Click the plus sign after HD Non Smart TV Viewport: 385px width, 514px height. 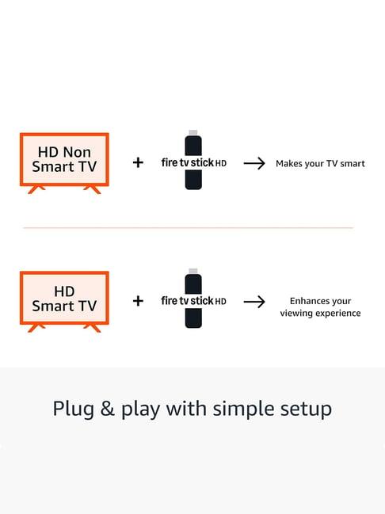[138, 162]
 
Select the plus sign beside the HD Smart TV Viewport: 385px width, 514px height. [138, 301]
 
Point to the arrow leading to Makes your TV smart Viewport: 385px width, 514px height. [254, 163]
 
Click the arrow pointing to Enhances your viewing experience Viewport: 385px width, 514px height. [254, 302]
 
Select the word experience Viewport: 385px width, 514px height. [338, 314]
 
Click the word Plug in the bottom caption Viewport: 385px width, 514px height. [74, 409]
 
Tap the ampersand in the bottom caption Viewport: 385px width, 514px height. [107, 409]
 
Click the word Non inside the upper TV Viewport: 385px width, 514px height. [78, 152]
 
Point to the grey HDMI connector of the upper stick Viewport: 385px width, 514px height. [193, 133]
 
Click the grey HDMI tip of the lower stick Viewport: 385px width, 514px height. [193, 272]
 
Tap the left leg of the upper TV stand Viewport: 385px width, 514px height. [36, 189]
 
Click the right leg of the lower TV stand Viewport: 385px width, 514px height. [92, 328]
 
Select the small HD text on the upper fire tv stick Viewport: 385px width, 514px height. [221, 163]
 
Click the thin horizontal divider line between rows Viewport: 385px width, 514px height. [189, 227]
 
